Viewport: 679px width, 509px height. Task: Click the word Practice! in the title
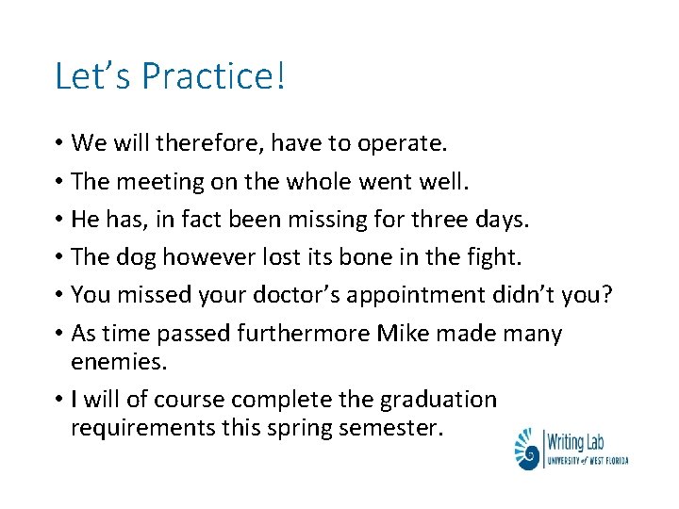pos(213,76)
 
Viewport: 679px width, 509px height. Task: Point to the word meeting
pos(163,181)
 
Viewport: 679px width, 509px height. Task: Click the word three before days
pos(444,219)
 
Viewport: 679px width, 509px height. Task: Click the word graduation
pos(437,400)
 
